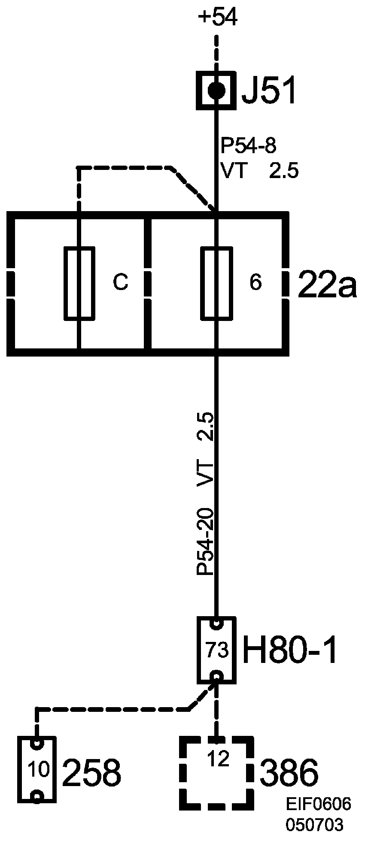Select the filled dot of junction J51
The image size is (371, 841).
coord(217,91)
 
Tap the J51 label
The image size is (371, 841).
coord(269,91)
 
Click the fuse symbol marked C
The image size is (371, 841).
coord(79,283)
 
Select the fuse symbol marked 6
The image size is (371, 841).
coord(217,283)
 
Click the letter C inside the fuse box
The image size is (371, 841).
coord(120,282)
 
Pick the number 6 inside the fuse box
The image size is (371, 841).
coord(255,283)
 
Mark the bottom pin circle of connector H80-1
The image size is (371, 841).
coord(216,678)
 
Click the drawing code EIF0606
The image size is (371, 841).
coord(319,805)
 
